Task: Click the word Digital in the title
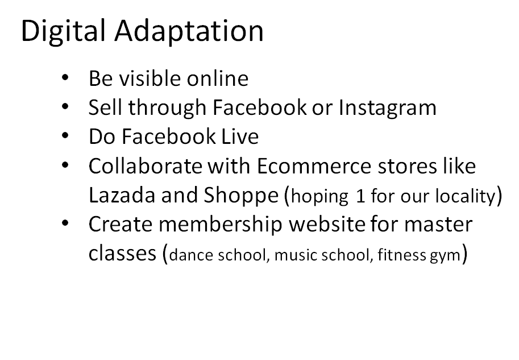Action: (63, 31)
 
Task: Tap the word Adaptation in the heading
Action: (189, 31)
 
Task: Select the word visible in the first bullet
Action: (150, 78)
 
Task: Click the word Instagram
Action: (387, 108)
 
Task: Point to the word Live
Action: (240, 136)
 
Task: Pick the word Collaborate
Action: (145, 165)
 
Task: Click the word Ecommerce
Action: (314, 165)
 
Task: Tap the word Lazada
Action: (122, 195)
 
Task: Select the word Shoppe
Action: (241, 196)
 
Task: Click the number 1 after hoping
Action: (360, 196)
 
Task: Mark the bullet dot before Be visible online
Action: (65, 77)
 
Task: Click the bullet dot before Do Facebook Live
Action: (65, 135)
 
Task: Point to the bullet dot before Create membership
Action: (65, 223)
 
